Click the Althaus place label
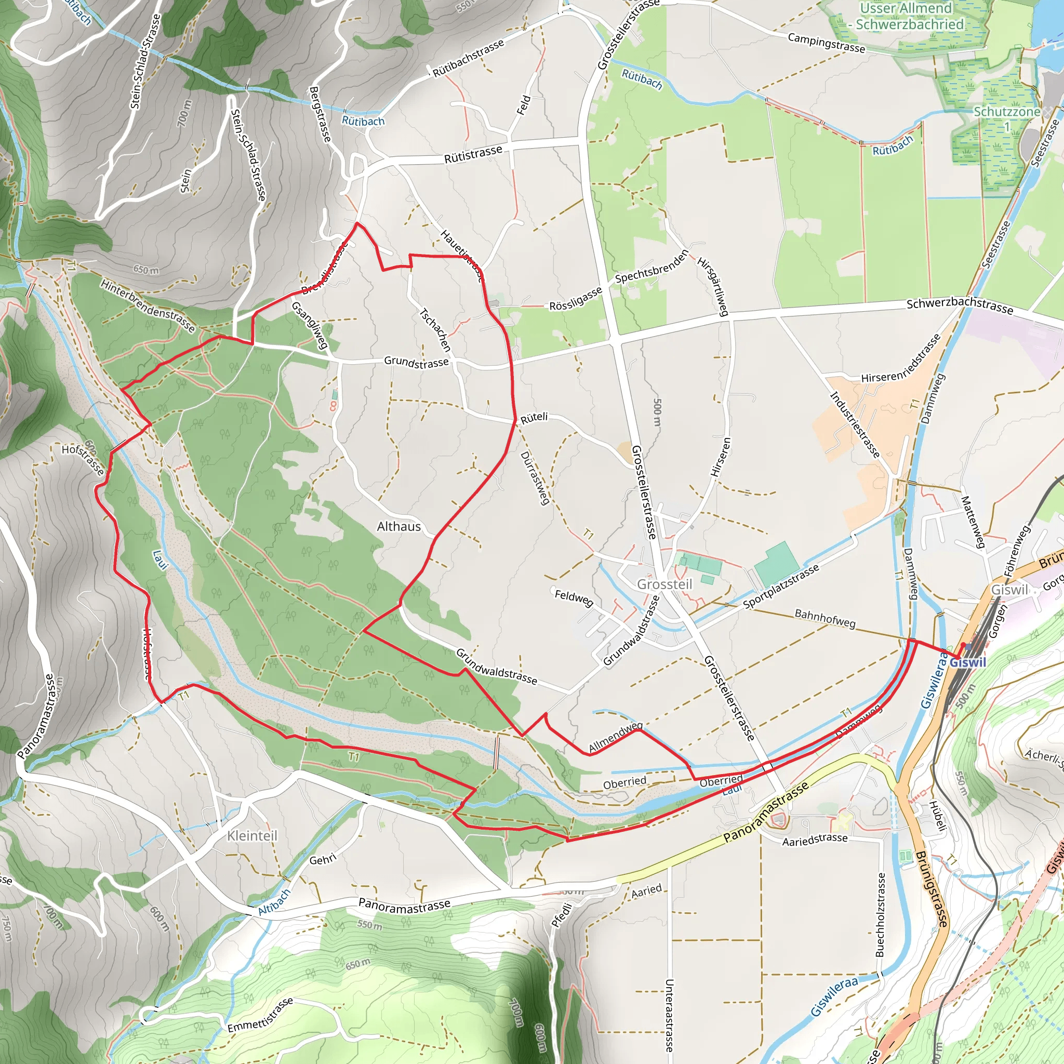pos(398,526)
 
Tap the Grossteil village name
pos(664,584)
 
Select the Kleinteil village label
pos(252,835)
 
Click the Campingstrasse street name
pos(826,43)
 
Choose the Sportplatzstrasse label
pos(780,587)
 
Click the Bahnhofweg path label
pos(824,618)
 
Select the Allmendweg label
pos(615,738)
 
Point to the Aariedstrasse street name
pos(815,840)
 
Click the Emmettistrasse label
pos(260,1015)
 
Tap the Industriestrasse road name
pos(855,424)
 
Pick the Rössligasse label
pos(576,299)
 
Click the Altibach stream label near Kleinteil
pos(274,902)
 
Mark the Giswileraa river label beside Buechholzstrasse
pos(834,997)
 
